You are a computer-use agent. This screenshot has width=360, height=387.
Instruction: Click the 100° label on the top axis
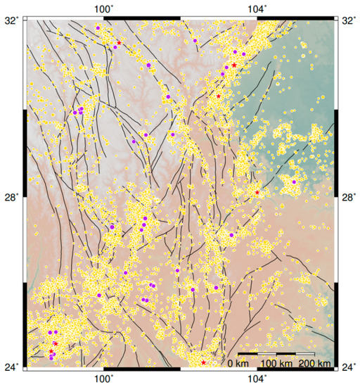[104, 8]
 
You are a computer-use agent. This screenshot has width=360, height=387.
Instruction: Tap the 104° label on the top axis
[257, 8]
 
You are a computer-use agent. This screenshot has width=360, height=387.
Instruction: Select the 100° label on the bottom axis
[104, 379]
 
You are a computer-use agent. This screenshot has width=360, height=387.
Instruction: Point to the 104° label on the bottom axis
[257, 379]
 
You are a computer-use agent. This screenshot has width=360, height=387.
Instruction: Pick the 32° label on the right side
[348, 20]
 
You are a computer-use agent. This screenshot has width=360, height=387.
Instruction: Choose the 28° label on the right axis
[348, 197]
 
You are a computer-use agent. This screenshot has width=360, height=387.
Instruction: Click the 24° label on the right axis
[348, 367]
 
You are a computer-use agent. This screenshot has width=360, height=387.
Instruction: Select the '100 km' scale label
[276, 363]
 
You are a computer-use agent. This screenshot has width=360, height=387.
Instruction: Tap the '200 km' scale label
[314, 363]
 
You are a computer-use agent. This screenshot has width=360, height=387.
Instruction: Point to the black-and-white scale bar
[276, 353]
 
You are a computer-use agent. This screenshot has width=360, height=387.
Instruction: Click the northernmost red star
[119, 43]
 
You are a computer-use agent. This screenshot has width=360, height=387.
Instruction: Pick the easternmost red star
[257, 192]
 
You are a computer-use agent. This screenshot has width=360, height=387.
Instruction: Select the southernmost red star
[204, 362]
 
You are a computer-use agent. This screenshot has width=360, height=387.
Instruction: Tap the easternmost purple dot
[294, 182]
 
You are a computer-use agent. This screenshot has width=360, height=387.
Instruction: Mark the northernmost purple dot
[98, 27]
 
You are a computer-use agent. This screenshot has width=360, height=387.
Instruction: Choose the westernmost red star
[51, 351]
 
